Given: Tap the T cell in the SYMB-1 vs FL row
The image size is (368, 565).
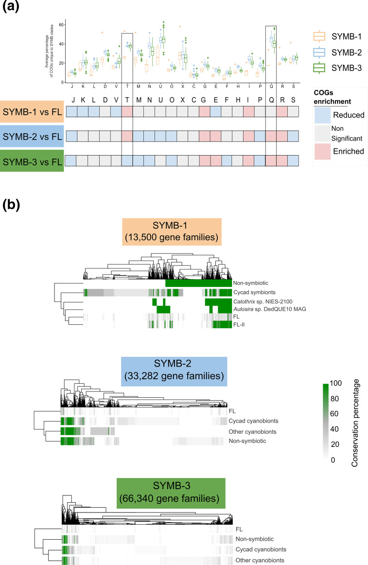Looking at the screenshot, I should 127,111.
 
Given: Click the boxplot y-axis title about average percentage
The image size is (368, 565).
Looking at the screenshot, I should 46,53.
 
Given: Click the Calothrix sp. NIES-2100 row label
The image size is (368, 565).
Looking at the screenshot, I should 260,302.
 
